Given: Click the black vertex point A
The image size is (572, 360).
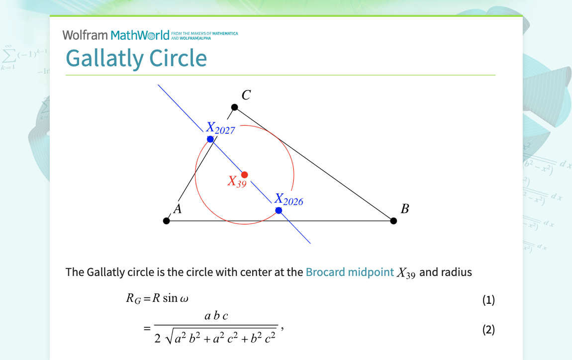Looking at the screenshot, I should (167, 221).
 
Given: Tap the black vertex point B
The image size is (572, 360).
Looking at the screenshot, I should (393, 221).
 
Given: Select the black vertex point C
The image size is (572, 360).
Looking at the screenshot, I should (235, 107).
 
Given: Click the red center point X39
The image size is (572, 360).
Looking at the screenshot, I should (244, 175).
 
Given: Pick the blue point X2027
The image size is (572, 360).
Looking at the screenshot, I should (210, 139).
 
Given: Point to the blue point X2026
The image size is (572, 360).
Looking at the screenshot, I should (279, 211).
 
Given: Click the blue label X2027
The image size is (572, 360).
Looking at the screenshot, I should (220, 128).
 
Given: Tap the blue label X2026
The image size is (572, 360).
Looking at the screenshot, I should (288, 199).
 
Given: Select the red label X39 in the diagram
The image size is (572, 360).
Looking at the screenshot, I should (237, 181).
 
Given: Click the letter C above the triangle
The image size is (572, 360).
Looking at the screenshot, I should (246, 94).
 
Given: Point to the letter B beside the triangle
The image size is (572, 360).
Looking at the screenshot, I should (405, 209).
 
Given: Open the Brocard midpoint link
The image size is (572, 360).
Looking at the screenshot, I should (350, 272).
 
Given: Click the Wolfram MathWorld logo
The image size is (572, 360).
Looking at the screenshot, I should (116, 35).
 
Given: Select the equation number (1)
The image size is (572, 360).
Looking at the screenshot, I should (488, 299).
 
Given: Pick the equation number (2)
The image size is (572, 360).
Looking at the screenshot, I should (488, 329).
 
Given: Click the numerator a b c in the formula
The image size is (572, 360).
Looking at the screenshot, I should (216, 316).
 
